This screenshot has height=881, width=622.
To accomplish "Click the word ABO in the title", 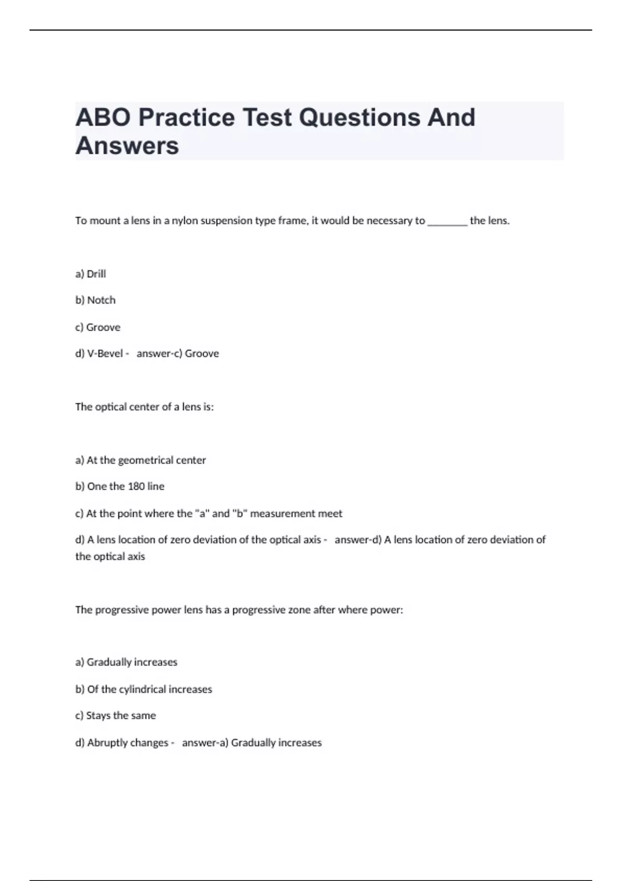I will click(x=103, y=118).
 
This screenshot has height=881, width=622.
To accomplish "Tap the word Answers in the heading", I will click(x=128, y=146).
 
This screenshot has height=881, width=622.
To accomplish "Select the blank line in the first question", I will click(x=447, y=221).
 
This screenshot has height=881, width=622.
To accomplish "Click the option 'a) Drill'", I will click(x=91, y=274).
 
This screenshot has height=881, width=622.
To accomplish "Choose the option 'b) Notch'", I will click(x=95, y=301).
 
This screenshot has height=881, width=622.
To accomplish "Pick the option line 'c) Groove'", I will click(x=98, y=328).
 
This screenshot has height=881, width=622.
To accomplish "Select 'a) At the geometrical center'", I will click(x=140, y=460).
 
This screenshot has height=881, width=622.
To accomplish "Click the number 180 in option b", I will click(x=136, y=487).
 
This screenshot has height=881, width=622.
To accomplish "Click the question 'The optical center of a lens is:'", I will click(x=145, y=407).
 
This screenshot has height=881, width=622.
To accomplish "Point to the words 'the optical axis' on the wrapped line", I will click(x=110, y=557).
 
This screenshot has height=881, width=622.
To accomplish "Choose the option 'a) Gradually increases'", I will click(x=126, y=662).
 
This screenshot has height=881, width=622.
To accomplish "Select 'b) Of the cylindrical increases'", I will click(x=144, y=689).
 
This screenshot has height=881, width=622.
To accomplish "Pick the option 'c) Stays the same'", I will click(x=116, y=716).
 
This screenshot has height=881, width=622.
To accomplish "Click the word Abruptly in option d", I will click(x=109, y=743).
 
